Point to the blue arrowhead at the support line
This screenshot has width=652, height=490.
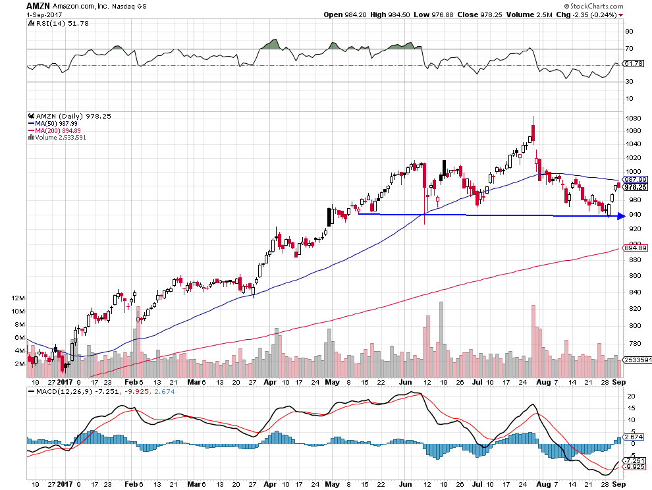620,216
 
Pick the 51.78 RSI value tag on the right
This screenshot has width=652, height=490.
633,63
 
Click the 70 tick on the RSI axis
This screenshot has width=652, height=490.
629,49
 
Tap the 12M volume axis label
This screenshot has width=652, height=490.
18,298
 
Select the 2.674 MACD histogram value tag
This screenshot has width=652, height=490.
633,437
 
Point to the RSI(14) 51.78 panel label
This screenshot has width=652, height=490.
53,23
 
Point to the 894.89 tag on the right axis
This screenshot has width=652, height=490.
633,248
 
